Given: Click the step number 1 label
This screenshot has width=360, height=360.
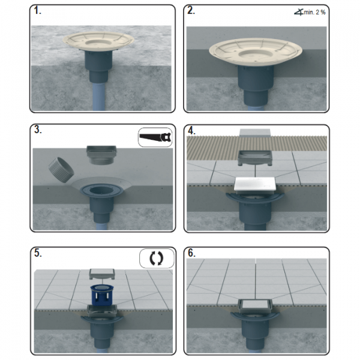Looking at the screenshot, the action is coord(38,11).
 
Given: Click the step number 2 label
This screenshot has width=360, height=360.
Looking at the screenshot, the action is coord(191,11).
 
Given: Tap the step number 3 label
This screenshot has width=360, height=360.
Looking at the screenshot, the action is coord(38,130).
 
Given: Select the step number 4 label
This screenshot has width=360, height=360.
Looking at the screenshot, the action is coord(192,130).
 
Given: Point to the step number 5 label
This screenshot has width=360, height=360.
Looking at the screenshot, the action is coord(38,253).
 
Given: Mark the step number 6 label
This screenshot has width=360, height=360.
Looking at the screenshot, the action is coord(192,253).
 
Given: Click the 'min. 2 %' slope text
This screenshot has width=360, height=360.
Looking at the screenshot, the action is coord(314,12).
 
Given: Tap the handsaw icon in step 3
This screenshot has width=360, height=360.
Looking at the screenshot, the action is coord(155,137).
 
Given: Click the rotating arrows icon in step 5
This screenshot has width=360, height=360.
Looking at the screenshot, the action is coord(157,258).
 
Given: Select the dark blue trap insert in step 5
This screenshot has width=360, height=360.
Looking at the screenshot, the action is coord(101,295).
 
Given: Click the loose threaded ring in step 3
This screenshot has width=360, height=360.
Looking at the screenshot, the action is coord(61,170).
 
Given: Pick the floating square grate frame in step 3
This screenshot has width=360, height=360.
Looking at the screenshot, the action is coord(101,155).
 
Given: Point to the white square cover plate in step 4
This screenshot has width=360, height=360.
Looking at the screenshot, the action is coord(255,185).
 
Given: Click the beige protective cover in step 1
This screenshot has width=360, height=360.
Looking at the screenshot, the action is coord(98,41).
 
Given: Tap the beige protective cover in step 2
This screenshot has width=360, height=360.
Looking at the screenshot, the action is coord(256,52).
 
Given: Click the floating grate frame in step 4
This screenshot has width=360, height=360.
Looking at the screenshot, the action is coord(255,157).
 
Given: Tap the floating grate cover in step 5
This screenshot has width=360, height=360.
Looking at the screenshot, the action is coord(101,274).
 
